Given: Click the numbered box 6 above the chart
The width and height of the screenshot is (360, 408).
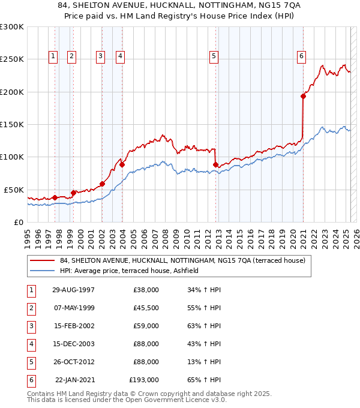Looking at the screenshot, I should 301,56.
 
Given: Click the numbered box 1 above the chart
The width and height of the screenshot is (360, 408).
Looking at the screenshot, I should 53,56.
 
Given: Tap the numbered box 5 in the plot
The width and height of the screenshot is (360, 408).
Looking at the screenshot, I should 214,56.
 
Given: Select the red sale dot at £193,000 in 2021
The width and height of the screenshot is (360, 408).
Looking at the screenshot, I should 304,96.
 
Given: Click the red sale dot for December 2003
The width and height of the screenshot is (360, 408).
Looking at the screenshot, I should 122,164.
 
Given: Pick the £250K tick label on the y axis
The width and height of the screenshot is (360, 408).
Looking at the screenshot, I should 12,59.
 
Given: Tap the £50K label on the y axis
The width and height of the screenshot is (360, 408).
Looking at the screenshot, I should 14,190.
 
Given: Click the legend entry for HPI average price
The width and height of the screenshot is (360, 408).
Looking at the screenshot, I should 133,271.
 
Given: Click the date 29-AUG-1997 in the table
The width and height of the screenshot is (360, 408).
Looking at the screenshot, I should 73,290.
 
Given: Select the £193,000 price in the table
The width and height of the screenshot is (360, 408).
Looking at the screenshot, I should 144,380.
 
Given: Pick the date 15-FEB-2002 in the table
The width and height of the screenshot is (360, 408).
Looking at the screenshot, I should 73,326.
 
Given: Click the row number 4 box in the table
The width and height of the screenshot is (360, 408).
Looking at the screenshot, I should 30,344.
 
